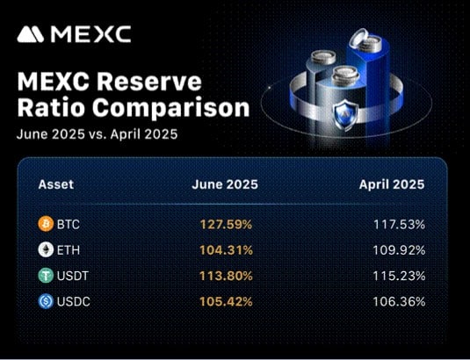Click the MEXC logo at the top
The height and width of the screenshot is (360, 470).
74,34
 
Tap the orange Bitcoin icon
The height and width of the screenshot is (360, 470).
46,224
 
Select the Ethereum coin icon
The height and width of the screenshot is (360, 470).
46,249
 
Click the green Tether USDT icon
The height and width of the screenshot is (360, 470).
46,276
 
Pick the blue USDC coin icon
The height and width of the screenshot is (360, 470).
46,301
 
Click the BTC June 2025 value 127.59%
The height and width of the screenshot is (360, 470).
226,224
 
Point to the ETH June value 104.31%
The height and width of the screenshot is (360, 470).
226,249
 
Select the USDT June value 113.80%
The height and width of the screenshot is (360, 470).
226,276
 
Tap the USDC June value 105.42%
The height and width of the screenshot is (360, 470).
226,301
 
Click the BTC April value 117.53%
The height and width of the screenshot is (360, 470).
399,224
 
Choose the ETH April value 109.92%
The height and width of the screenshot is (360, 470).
399,249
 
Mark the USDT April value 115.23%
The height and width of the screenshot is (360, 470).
399,276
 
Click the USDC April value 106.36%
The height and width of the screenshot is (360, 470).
399,301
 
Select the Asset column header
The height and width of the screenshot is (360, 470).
55,184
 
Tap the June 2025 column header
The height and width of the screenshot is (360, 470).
225,184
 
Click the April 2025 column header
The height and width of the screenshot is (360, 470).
392,184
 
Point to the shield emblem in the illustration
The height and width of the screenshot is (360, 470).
345,115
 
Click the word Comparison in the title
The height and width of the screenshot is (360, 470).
170,109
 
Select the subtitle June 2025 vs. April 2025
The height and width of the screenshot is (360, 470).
98,133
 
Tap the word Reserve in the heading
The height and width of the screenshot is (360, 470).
149,82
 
